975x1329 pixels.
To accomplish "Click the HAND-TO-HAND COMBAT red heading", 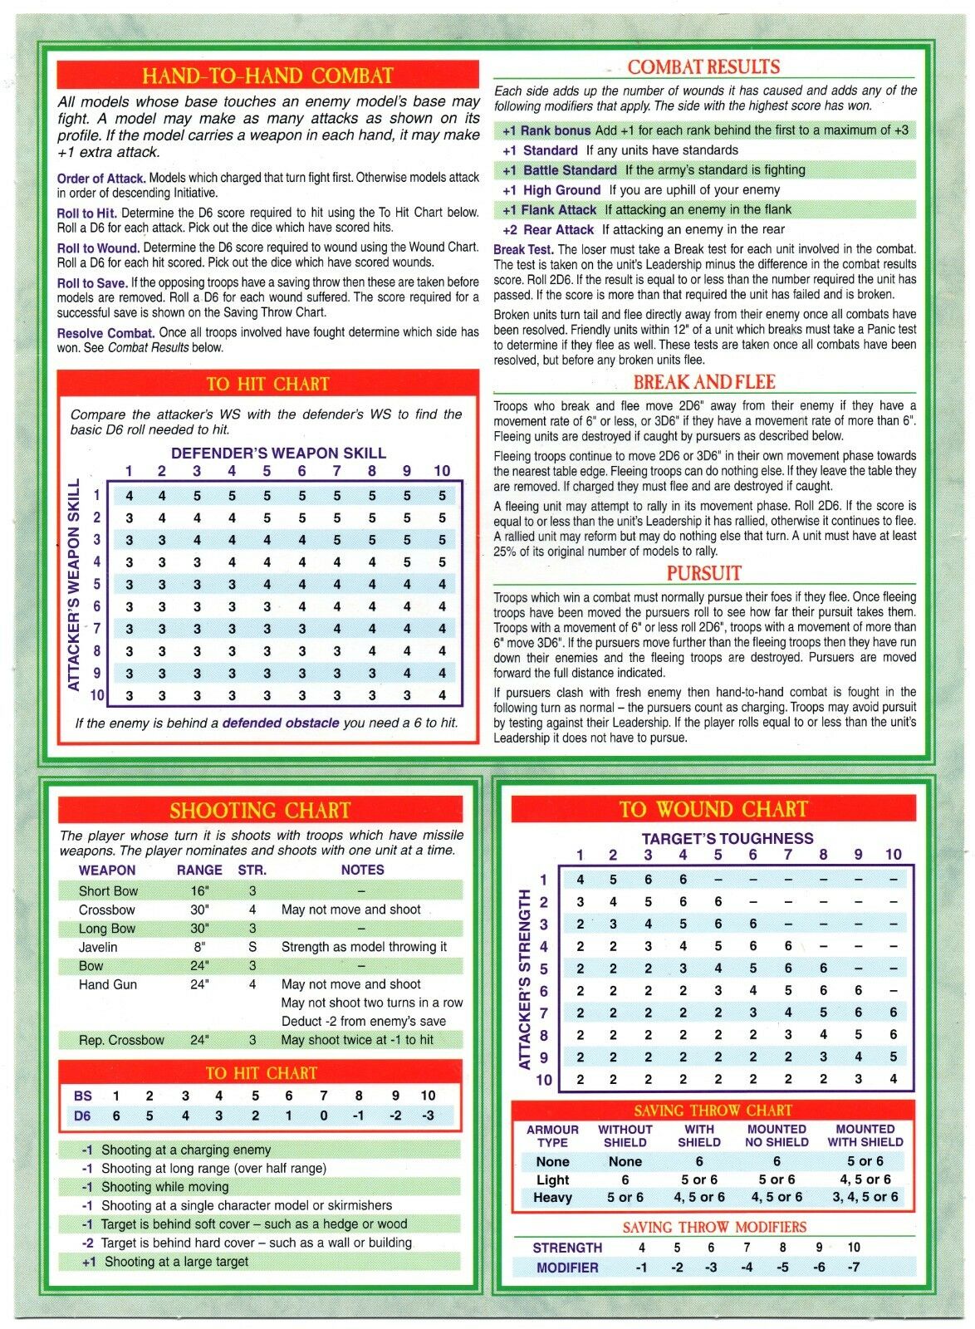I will tap(267, 76).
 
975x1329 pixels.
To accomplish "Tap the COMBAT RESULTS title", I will tap(703, 67).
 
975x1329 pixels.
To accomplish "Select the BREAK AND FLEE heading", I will tap(703, 382).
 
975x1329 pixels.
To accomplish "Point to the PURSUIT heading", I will tap(703, 573).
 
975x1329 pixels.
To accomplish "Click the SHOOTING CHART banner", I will tap(260, 811).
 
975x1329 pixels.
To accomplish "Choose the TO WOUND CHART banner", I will tap(713, 809).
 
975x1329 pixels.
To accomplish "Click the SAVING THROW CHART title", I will tap(713, 1111).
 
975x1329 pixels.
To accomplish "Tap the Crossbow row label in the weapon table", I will tap(106, 910).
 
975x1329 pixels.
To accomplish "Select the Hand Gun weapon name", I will tap(107, 984).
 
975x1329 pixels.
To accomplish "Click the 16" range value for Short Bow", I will tap(198, 891).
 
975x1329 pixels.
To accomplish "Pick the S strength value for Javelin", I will tap(252, 947).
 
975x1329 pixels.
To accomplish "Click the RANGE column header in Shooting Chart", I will tap(199, 870).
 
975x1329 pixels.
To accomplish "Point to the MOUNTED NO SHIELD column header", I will tap(776, 1135).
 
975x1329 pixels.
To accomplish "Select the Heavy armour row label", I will tap(552, 1198).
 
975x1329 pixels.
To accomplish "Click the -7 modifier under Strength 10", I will tap(853, 1268).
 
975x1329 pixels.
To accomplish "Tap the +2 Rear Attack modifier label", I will tap(548, 230).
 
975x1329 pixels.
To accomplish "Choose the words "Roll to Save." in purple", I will tap(91, 283).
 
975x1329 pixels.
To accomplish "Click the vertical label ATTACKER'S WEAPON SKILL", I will tap(74, 585).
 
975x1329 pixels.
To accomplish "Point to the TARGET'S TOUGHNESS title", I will tap(727, 839).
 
